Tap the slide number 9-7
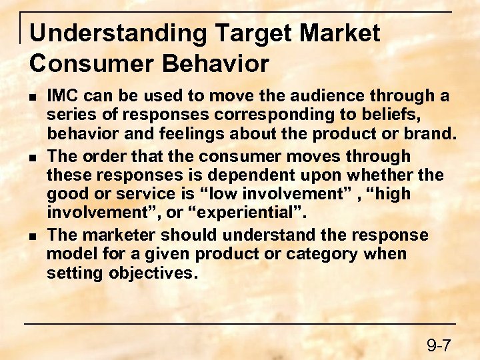[x=439, y=345]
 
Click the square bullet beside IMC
[x=33, y=98]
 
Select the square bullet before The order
[x=33, y=157]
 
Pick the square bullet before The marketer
[x=33, y=236]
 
